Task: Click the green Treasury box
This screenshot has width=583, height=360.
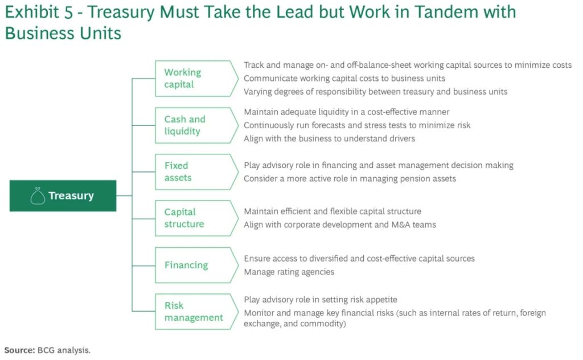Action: [x=63, y=196]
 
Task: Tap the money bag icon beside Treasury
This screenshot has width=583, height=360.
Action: [x=38, y=196]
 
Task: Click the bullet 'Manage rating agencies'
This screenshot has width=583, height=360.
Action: [x=289, y=272]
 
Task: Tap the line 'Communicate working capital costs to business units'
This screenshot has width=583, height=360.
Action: [x=344, y=79]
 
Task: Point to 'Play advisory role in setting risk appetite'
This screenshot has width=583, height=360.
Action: [x=321, y=300]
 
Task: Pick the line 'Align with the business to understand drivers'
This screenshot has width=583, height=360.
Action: [x=329, y=138]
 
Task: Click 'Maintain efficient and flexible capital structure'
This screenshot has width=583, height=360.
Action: [x=332, y=212]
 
